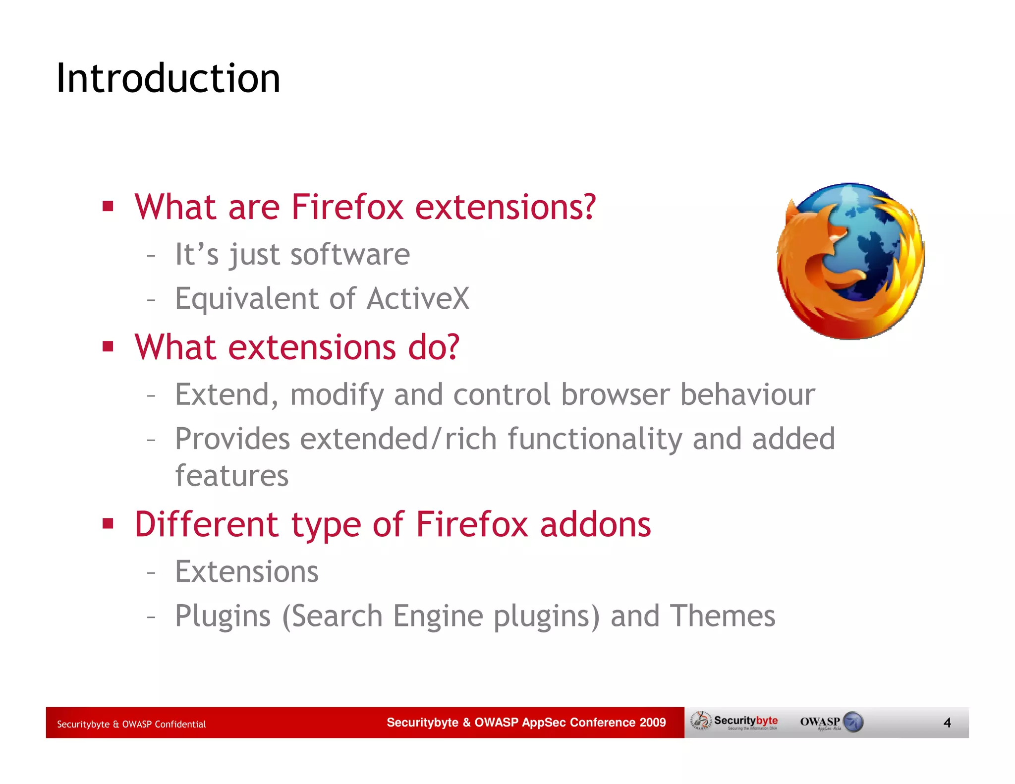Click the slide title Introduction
168,78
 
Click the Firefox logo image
850,261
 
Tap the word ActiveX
418,298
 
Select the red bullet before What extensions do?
108,346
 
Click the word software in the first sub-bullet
350,255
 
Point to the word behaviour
747,394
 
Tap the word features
231,476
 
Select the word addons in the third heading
595,524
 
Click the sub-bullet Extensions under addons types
246,572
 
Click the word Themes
722,616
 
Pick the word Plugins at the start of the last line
223,616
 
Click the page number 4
947,723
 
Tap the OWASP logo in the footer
831,722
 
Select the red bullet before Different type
108,523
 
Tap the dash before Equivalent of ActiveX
151,299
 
